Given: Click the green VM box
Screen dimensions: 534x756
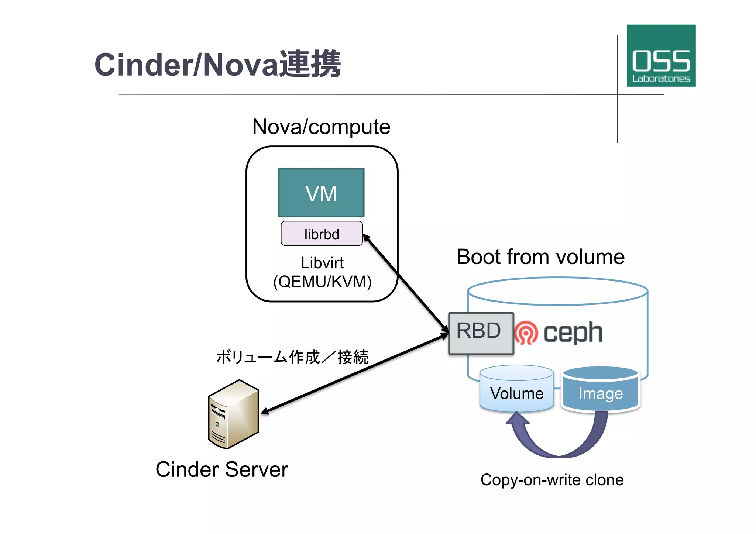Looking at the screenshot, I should coord(321,193).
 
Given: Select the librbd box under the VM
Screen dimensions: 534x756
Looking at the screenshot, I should coord(322,234).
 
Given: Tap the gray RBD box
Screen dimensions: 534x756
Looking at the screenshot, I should coord(481,333).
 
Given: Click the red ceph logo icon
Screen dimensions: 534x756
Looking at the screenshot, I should coord(526,333).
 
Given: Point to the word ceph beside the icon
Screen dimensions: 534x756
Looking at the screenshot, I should coord(573,333).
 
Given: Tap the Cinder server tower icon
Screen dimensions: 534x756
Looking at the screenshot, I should coord(233,414).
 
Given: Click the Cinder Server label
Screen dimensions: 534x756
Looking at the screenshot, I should coord(221,469).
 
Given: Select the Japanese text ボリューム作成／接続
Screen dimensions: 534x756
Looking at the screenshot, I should coord(292,357).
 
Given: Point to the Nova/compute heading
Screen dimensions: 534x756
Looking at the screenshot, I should coord(321,127).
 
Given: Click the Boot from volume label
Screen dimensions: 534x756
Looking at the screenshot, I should coord(540,257).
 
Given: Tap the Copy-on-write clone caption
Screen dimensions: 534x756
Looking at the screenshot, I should coord(552,480).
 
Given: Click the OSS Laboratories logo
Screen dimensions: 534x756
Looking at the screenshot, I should coord(661,56).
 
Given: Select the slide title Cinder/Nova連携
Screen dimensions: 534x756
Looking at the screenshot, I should coord(217,65).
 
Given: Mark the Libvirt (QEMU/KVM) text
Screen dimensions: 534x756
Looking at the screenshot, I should coord(322,272).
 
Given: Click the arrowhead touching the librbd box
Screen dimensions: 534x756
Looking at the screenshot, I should coord(367,238).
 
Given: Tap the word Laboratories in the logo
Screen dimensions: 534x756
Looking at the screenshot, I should coord(661,79).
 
